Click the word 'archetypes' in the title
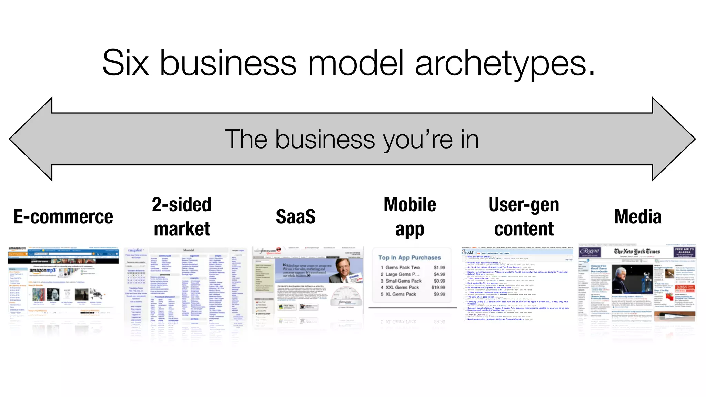[x=505, y=63]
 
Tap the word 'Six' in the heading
[x=125, y=63]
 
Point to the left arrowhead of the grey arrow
[x=31, y=139]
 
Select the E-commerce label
[x=63, y=217]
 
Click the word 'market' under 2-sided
[x=182, y=229]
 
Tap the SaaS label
[x=296, y=217]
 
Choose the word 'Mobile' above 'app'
[x=410, y=205]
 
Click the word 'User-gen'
[x=524, y=205]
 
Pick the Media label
[x=638, y=217]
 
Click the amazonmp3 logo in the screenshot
[x=42, y=271]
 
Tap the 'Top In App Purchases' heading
[x=409, y=258]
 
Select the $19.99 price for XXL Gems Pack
[x=438, y=287]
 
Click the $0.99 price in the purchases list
[x=440, y=281]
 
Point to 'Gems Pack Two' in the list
[x=402, y=267]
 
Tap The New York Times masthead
[x=637, y=251]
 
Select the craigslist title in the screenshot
[x=135, y=250]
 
